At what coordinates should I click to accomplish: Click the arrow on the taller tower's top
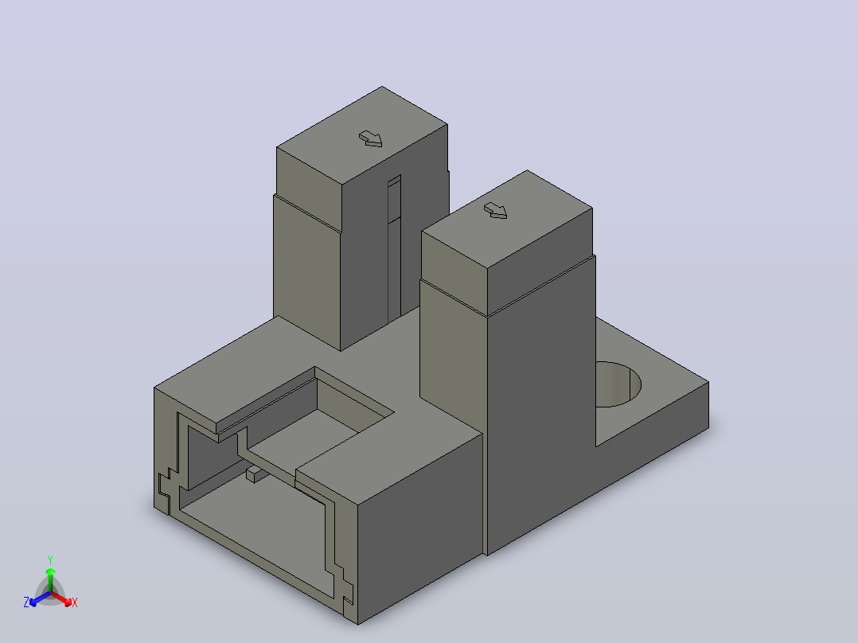pos(370,138)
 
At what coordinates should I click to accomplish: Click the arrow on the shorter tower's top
pos(496,210)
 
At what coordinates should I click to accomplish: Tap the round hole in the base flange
pos(617,384)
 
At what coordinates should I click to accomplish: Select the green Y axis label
pos(50,559)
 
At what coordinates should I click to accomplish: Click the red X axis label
pos(75,602)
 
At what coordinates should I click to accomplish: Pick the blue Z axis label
pos(26,602)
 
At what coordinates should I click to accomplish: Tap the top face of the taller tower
pos(362,135)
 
